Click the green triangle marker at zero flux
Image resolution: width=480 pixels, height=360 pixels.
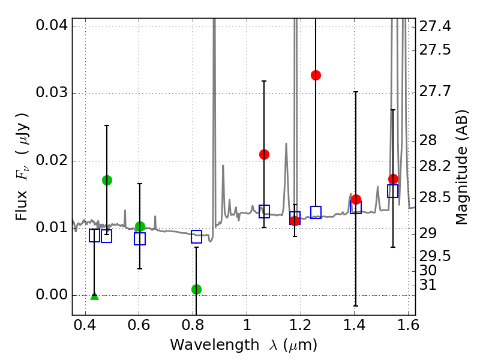tap(94, 295)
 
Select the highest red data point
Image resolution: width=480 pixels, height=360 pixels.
tap(316, 75)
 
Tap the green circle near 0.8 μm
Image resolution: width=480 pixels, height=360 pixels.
tap(196, 289)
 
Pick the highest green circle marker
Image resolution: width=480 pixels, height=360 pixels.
tap(107, 180)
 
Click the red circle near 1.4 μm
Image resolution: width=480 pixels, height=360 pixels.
tap(356, 199)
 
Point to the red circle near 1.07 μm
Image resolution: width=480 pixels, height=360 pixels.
tap(264, 154)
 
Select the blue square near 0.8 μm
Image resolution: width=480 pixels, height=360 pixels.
tap(196, 236)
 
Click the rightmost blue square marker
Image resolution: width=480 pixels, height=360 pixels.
tap(393, 191)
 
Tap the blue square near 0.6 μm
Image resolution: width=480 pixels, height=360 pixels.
tap(140, 239)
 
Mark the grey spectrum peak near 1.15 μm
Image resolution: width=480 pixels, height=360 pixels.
tap(286, 143)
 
